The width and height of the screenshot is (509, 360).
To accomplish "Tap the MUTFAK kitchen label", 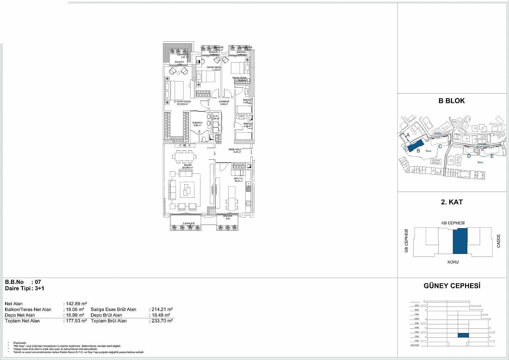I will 238,179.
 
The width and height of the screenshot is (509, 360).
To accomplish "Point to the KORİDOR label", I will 224,102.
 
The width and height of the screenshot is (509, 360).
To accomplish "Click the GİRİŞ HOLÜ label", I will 234,149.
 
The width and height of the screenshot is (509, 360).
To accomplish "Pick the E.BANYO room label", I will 197,123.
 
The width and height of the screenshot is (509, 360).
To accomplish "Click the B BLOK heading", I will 451,101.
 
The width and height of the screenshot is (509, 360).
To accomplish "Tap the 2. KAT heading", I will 451,202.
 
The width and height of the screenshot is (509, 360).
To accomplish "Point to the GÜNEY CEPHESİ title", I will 451,286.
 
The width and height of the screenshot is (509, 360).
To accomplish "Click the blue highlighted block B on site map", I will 415,145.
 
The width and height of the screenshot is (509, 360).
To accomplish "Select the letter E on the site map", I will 492,156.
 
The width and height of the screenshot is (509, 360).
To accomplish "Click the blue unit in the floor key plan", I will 460,241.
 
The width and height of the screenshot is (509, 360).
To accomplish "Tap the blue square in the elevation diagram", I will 463,335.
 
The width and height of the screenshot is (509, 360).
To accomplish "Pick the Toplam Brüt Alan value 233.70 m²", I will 161,321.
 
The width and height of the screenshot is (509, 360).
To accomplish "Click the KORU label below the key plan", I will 453,262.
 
